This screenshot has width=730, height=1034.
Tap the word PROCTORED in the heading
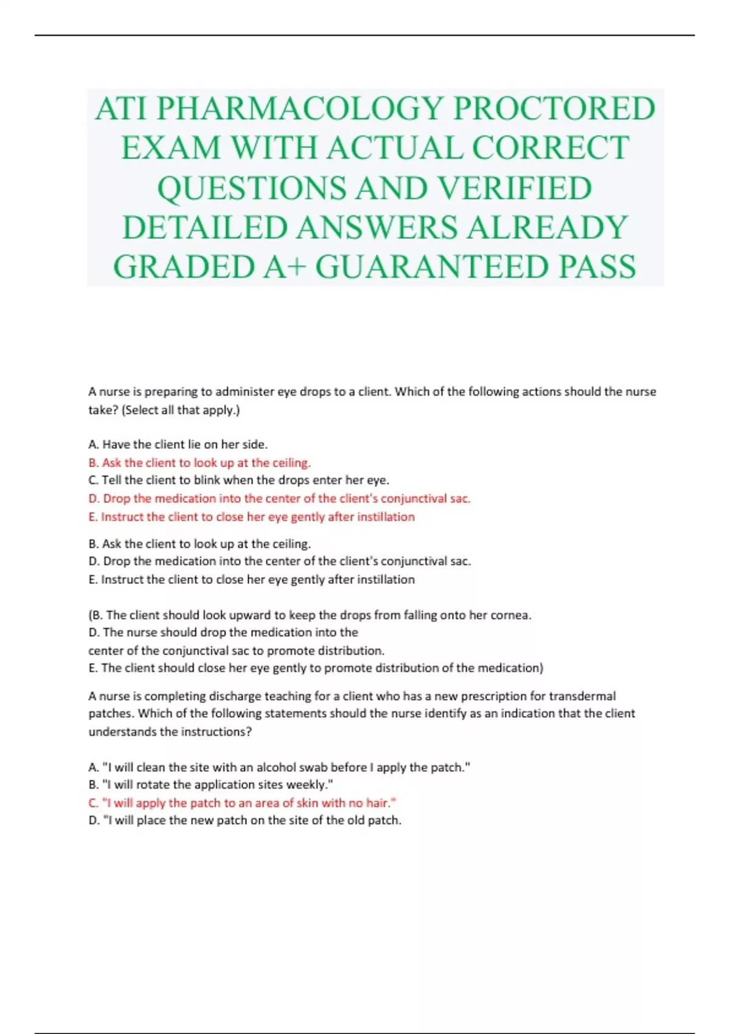click(554, 109)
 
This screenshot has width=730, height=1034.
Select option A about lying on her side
click(178, 445)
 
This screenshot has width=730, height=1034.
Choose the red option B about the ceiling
click(200, 463)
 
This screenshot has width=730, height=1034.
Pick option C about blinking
click(238, 481)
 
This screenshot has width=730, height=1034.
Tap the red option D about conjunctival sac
click(279, 499)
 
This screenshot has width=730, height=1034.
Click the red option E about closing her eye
click(251, 517)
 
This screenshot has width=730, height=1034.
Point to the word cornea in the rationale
click(510, 615)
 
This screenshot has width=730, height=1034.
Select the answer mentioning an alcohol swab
click(279, 768)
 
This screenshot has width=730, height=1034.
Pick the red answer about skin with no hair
click(242, 803)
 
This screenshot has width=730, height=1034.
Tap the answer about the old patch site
click(245, 821)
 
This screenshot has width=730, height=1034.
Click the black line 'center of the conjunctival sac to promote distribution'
click(236, 651)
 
